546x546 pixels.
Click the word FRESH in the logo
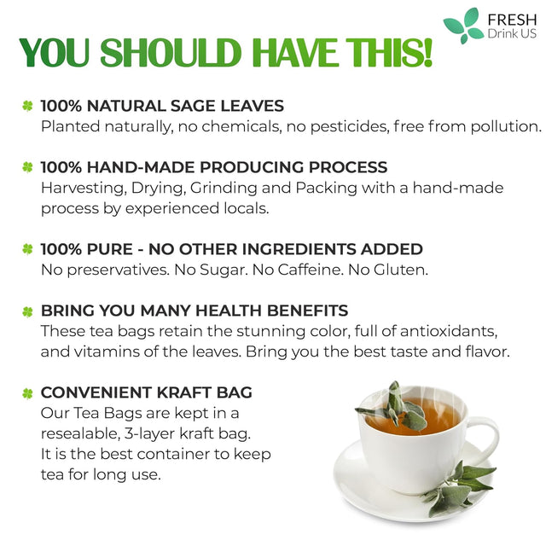pos(509,18)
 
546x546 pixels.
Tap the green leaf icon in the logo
pos(462,26)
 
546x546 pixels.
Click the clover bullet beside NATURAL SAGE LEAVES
pos(27,107)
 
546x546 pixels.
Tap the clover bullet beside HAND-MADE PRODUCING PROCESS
pos(27,168)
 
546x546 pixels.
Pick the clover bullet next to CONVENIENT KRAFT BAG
pos(27,393)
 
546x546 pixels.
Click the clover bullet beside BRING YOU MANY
pos(27,311)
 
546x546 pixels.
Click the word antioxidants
pos(443,330)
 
